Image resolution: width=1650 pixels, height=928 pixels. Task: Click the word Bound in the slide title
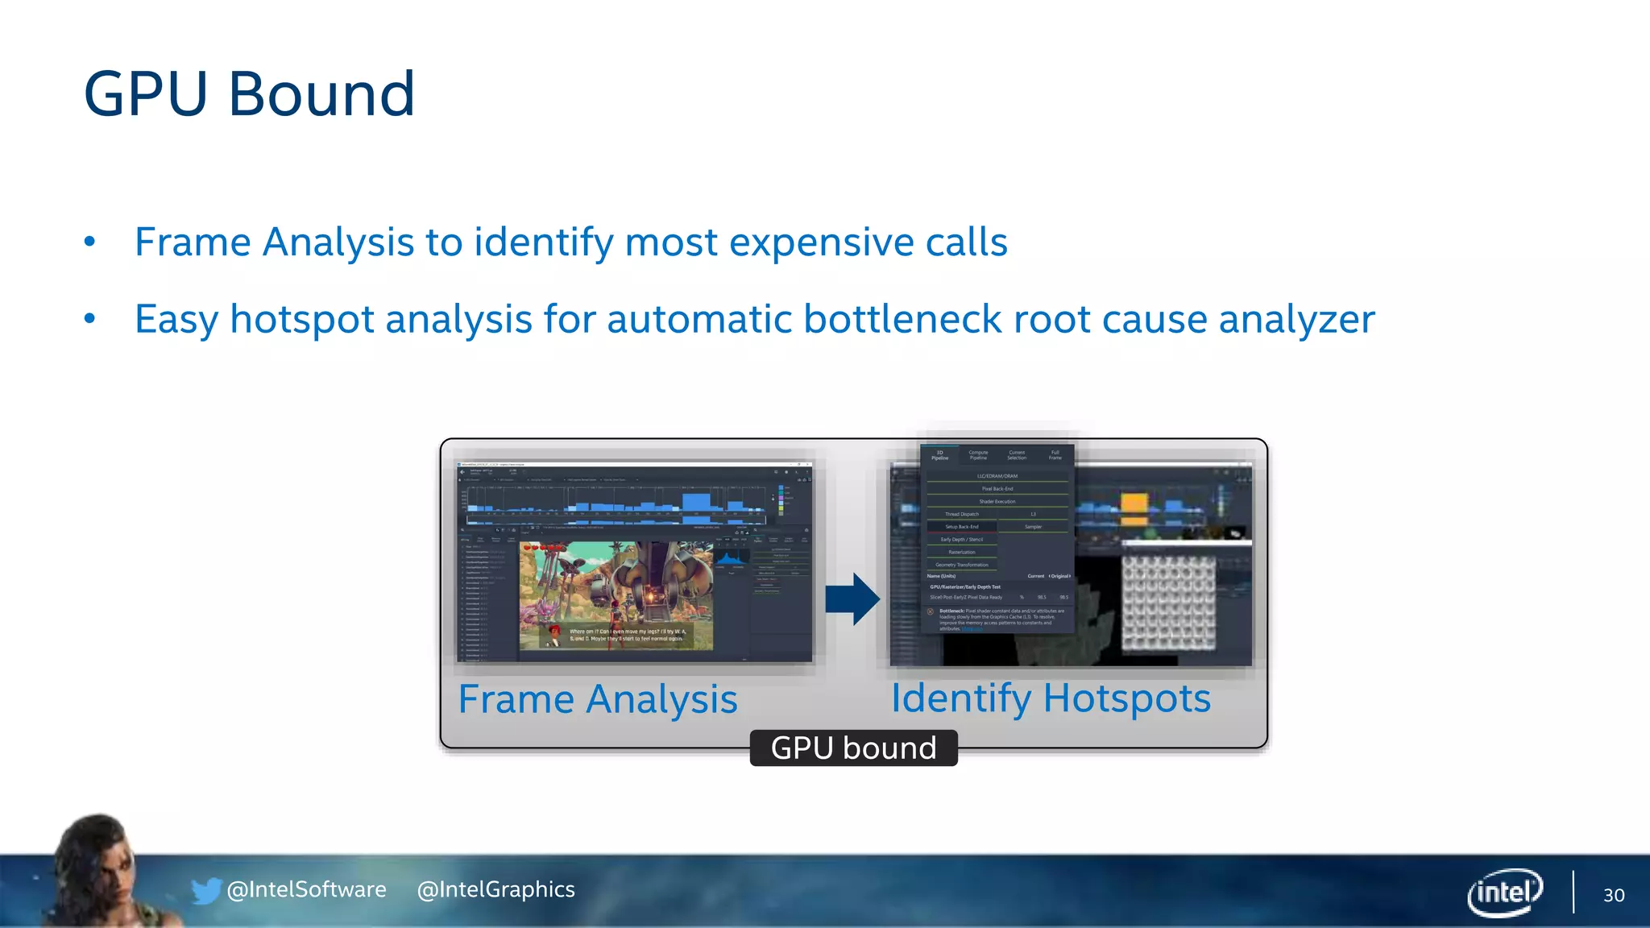(321, 94)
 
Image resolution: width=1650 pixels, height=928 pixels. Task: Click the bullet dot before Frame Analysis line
(89, 242)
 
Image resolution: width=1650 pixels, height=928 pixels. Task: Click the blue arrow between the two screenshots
(852, 599)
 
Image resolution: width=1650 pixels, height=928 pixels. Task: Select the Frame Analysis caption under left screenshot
(597, 699)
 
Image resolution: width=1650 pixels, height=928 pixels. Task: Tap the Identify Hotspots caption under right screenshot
(1050, 698)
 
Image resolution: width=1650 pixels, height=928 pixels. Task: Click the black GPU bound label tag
(853, 748)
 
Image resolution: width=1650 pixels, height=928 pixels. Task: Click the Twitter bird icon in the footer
(205, 890)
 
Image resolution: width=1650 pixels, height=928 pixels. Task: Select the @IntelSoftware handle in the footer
(306, 889)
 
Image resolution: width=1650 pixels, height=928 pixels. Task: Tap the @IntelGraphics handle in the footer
(495, 889)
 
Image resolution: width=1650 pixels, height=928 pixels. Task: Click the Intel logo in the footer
(1504, 892)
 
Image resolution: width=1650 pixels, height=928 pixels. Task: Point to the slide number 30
(1613, 895)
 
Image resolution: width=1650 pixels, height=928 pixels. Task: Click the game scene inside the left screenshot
(616, 594)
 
